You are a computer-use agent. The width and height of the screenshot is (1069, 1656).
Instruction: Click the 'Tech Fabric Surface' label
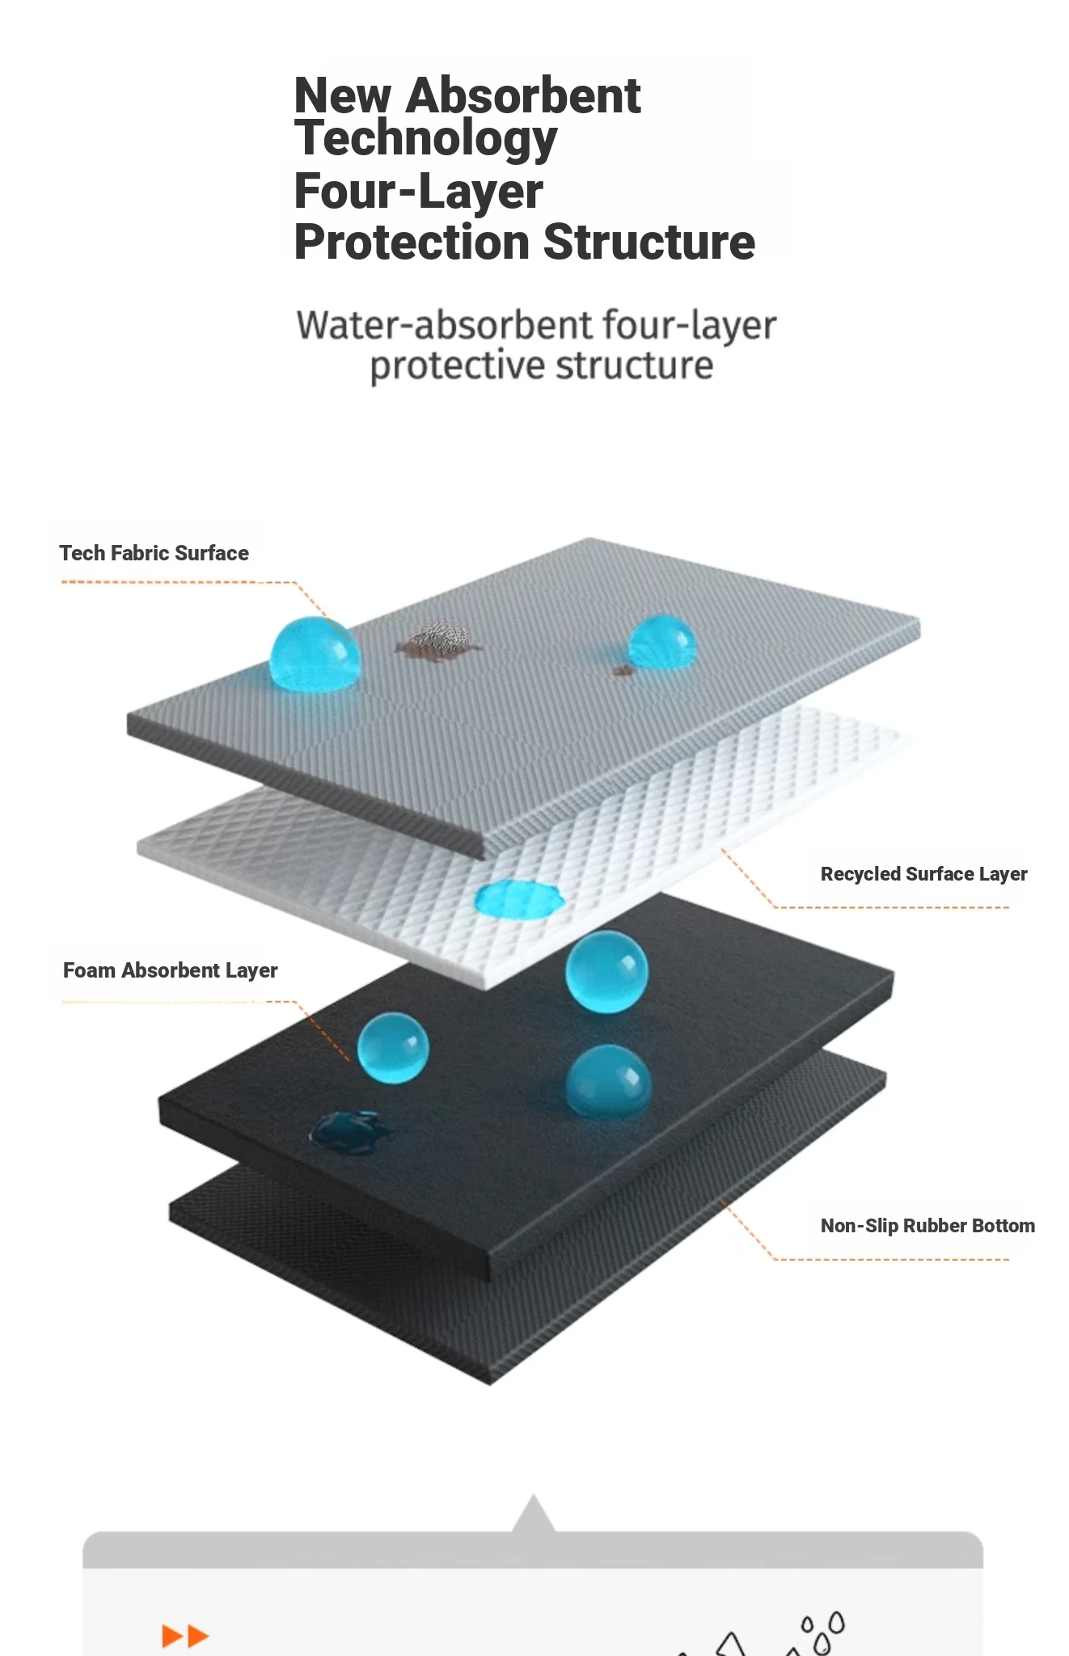click(x=154, y=553)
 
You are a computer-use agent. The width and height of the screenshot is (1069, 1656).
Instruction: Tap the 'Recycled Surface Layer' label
click(x=923, y=874)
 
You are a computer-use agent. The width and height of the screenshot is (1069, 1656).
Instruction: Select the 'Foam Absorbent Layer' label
click(x=170, y=970)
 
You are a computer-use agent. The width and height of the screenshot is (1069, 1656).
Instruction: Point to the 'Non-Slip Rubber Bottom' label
click(x=927, y=1226)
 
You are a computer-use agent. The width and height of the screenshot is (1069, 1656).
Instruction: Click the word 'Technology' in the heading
click(x=425, y=139)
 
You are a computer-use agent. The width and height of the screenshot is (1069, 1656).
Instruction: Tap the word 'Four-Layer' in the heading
click(x=418, y=191)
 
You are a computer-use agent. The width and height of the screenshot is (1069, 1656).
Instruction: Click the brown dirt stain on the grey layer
click(x=437, y=639)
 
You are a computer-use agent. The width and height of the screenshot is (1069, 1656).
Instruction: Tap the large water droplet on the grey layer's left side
click(x=314, y=654)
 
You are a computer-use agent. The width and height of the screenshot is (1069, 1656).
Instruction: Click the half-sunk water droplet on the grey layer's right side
click(x=661, y=643)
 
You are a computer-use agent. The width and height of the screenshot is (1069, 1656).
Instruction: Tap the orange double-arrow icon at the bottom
click(x=185, y=1636)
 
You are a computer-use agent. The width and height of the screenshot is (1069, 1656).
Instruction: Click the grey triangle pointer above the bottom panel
click(x=533, y=1514)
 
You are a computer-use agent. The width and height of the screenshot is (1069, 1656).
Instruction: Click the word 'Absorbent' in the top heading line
click(x=523, y=96)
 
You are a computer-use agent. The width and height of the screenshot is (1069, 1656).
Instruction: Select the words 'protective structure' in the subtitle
click(x=542, y=365)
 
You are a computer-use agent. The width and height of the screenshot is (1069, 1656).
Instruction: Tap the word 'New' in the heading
click(x=343, y=96)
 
